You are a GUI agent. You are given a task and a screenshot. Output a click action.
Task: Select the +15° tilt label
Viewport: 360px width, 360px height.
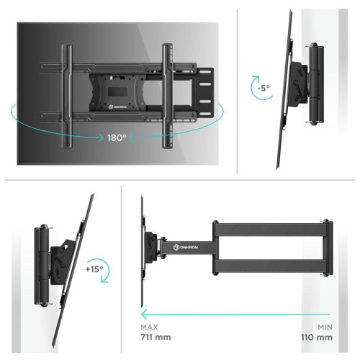click(x=94, y=270)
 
